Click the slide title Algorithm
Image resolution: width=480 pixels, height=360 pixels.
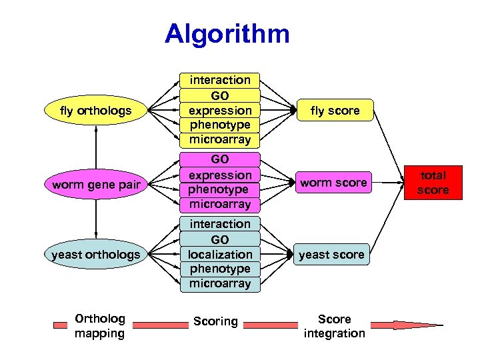pos(227,34)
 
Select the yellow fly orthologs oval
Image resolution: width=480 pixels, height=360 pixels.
pos(96,111)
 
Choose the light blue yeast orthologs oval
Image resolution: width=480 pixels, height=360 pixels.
pos(96,255)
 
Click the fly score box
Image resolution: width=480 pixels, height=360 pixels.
pos(335,111)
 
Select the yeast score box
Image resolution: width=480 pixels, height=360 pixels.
pos(331,255)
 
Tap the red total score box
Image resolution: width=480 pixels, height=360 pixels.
pos(433,183)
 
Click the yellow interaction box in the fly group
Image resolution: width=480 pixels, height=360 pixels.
pos(220,80)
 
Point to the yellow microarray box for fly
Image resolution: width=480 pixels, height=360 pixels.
pos(220,140)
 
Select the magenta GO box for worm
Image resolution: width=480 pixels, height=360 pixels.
pos(220,160)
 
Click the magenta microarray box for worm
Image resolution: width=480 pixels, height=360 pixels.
pos(220,204)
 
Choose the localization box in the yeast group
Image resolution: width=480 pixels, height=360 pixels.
pos(220,255)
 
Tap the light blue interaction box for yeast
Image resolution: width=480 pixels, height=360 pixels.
pos(220,224)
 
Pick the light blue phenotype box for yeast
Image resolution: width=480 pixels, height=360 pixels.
pos(220,269)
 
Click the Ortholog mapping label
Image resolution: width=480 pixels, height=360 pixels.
pos(99,325)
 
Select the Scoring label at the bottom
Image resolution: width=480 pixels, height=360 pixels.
pos(215,321)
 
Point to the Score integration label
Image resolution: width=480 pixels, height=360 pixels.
pos(334,326)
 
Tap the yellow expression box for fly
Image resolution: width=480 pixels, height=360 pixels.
pos(220,111)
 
